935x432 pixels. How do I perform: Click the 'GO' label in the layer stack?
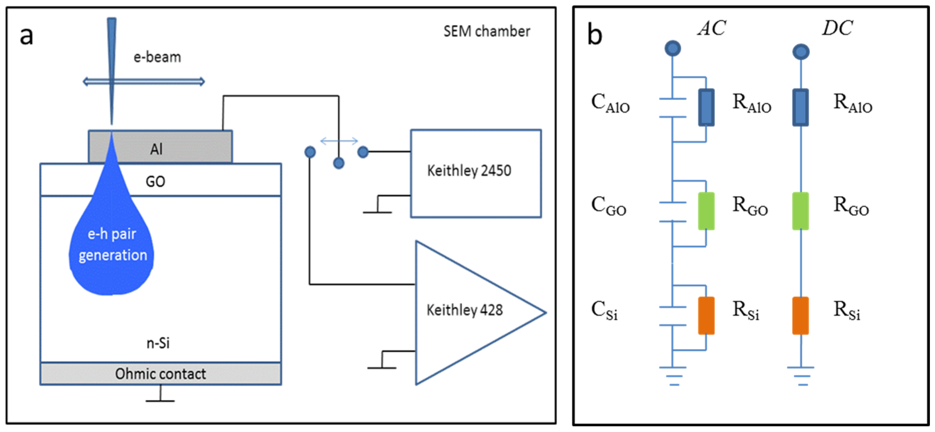[155, 181]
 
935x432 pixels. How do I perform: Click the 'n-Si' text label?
[158, 343]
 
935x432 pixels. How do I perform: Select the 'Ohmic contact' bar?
[160, 374]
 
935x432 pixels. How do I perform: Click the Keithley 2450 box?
[475, 173]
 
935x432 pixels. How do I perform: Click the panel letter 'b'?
[595, 35]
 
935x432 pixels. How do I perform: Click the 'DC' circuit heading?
[837, 28]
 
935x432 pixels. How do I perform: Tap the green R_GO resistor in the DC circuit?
[800, 211]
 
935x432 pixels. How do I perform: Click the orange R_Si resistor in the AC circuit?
[706, 315]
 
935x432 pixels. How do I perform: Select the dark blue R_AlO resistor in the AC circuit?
[706, 108]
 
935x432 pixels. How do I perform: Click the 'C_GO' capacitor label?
[608, 206]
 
